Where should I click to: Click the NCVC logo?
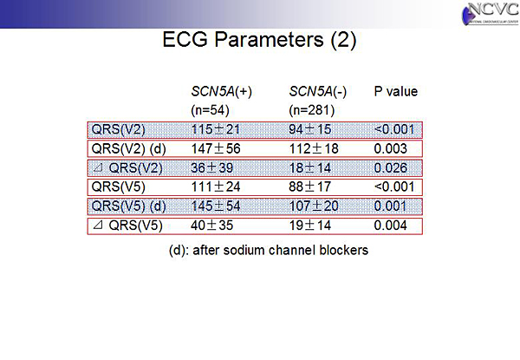491,13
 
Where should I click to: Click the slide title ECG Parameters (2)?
259,40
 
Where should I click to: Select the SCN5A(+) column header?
221,91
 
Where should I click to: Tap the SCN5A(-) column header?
318,91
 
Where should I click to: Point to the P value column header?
396,91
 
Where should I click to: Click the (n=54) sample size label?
210,110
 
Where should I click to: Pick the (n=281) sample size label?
312,110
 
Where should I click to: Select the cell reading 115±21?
215,129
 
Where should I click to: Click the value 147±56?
216,148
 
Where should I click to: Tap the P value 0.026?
390,168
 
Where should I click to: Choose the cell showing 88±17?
309,187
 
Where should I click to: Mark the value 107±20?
314,206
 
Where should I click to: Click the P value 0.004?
390,226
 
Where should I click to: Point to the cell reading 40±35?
212,226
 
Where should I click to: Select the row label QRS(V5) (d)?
128,206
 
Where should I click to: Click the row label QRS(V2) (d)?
128,149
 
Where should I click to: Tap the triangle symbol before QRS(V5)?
97,226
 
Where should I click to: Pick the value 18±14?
309,168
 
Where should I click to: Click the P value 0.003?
390,148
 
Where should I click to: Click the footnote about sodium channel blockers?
269,250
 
